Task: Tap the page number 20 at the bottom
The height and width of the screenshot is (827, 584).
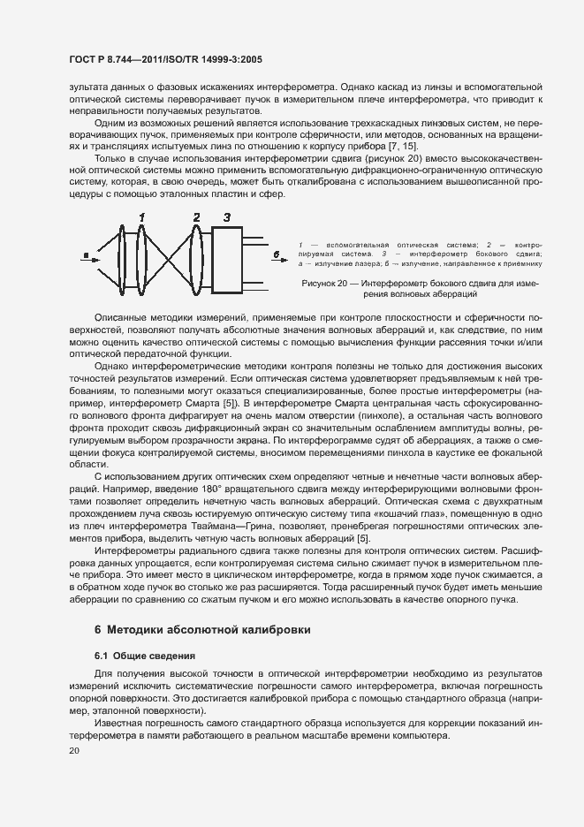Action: click(74, 751)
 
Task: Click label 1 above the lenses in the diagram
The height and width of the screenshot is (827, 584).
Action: click(140, 216)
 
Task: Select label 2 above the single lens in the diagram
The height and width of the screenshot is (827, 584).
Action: click(196, 216)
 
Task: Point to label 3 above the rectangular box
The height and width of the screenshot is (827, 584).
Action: click(227, 216)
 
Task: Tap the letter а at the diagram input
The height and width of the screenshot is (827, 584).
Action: click(85, 256)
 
